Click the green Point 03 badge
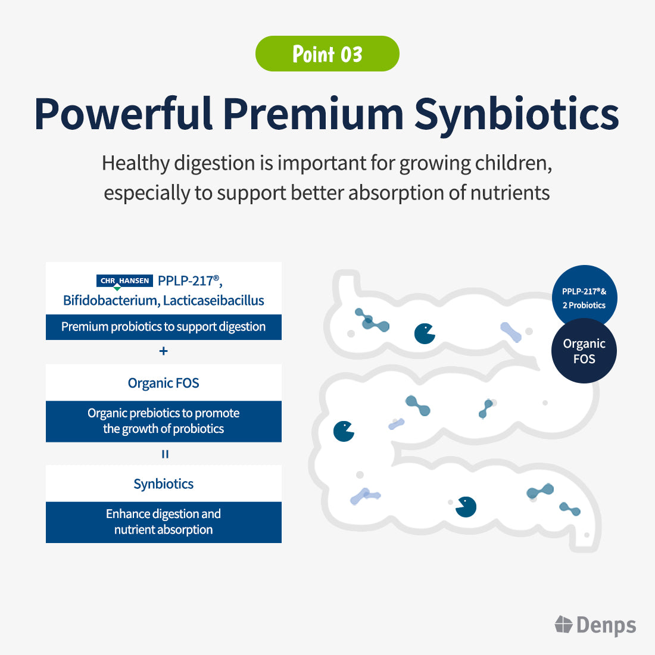327,54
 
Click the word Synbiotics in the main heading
516,113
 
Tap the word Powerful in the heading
123,113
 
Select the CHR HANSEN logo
124,281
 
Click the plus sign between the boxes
164,351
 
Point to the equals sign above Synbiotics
165,454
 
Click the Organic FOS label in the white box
164,383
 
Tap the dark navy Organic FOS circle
584,351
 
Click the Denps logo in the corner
595,625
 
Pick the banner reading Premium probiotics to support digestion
164,327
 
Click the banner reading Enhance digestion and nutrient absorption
164,522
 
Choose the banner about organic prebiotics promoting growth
164,421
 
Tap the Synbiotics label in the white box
164,484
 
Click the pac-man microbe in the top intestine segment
425,333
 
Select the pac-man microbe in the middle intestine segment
344,431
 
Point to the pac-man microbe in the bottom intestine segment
466,507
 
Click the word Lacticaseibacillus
214,301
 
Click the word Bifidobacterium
110,301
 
